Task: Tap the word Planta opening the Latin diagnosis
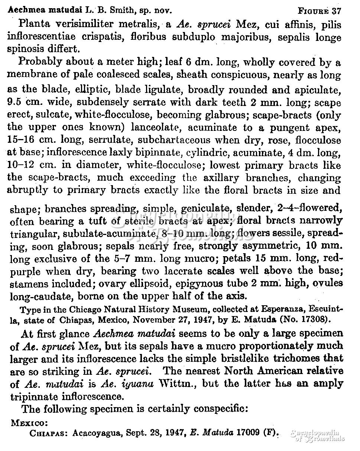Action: pyautogui.click(x=34, y=25)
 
